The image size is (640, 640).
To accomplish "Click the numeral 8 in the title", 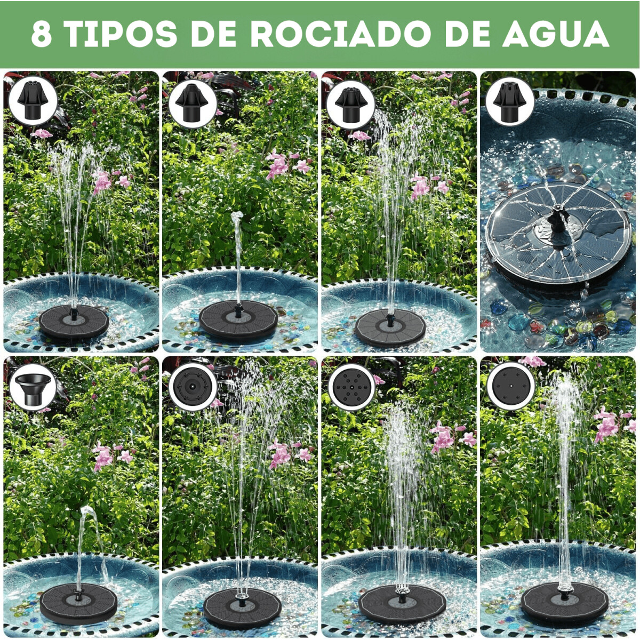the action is (x=42, y=34).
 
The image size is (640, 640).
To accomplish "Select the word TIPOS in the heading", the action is (x=120, y=34).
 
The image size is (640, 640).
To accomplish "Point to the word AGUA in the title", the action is (x=556, y=34).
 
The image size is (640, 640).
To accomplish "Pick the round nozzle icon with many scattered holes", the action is (x=351, y=387).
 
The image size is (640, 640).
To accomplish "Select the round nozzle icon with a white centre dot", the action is (x=511, y=387).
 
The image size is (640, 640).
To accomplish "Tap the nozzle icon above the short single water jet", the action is (x=191, y=103).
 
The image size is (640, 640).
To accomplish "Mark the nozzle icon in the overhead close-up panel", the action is (x=509, y=102).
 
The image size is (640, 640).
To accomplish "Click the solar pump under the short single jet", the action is (x=238, y=319).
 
